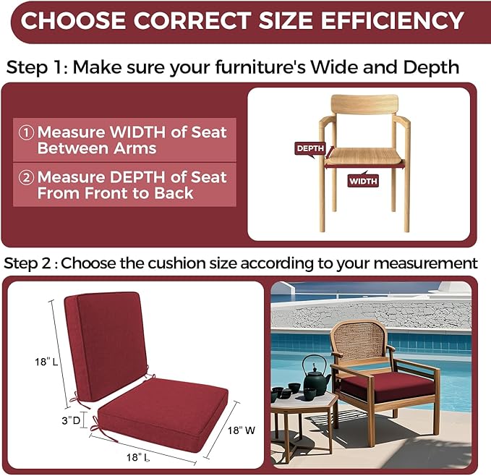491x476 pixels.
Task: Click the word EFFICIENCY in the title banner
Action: click(392, 21)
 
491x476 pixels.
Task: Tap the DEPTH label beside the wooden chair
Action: click(310, 148)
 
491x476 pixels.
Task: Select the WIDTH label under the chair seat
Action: click(363, 181)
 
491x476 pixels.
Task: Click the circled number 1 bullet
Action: click(26, 132)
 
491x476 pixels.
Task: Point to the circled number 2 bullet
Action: click(26, 177)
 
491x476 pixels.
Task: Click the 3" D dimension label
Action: click(71, 420)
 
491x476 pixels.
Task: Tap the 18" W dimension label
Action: click(241, 430)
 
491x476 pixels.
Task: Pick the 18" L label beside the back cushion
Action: click(46, 362)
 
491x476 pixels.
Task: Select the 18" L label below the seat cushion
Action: click(138, 457)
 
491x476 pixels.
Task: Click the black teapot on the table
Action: click(315, 376)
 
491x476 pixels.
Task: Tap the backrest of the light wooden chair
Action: click(364, 104)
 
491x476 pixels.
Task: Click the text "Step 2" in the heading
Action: click(27, 263)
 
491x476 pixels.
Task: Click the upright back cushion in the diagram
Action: click(106, 347)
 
